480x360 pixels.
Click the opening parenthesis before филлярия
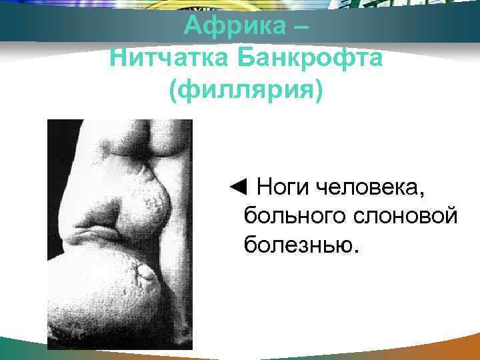point(175,89)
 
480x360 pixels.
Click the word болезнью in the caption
point(298,246)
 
